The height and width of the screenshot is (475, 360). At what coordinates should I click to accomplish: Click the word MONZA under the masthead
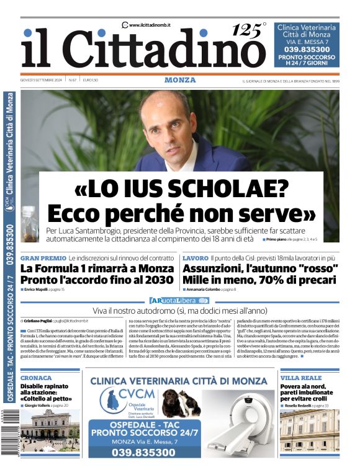coord(180,80)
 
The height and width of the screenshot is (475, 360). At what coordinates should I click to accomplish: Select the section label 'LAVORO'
coord(195,257)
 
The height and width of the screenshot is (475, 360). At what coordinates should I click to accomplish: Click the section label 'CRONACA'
coord(36,378)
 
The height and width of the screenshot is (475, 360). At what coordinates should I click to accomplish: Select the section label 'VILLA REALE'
coord(301,378)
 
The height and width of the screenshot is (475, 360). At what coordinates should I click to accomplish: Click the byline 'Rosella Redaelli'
coord(298,405)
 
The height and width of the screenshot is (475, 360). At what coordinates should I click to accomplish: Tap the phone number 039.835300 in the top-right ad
coord(307,49)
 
